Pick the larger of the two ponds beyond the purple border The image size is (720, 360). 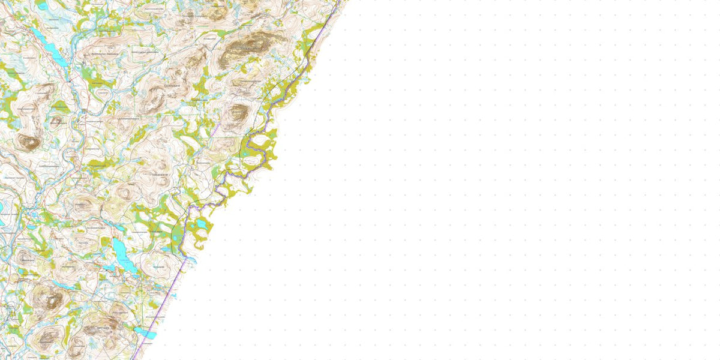pyautogui.click(x=201, y=225)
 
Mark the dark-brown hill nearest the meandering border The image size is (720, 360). pyautogui.click(x=238, y=114)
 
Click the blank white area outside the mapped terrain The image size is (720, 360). pyautogui.click(x=480, y=180)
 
